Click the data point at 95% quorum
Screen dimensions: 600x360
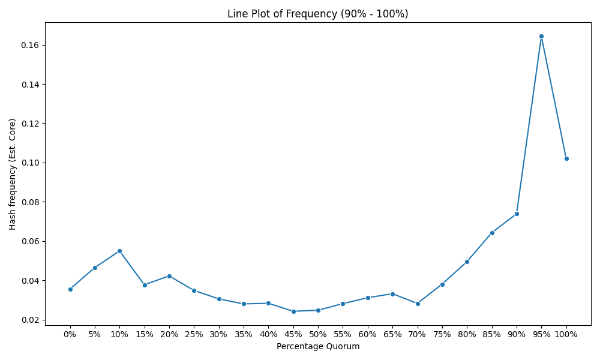coord(541,37)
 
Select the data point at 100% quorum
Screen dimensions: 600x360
coord(566,158)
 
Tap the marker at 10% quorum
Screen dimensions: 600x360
coord(119,251)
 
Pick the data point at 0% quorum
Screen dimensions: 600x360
coord(70,289)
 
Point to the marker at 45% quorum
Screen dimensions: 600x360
coord(293,311)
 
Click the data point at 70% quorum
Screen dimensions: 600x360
coord(418,304)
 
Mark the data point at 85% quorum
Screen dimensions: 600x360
coord(492,233)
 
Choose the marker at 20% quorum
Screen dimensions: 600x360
coord(169,276)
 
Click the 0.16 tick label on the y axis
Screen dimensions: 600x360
coord(31,45)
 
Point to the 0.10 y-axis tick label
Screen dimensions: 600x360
coord(31,163)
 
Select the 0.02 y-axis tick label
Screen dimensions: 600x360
coord(31,320)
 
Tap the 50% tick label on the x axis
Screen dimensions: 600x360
coord(318,334)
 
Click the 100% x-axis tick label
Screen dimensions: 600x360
coord(566,334)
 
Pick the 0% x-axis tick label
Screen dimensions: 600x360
coord(70,334)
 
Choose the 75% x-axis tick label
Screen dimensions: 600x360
coord(442,334)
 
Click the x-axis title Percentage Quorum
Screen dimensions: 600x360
coord(318,347)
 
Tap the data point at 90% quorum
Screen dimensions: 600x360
coord(517,214)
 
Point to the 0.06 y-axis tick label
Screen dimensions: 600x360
coord(31,241)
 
